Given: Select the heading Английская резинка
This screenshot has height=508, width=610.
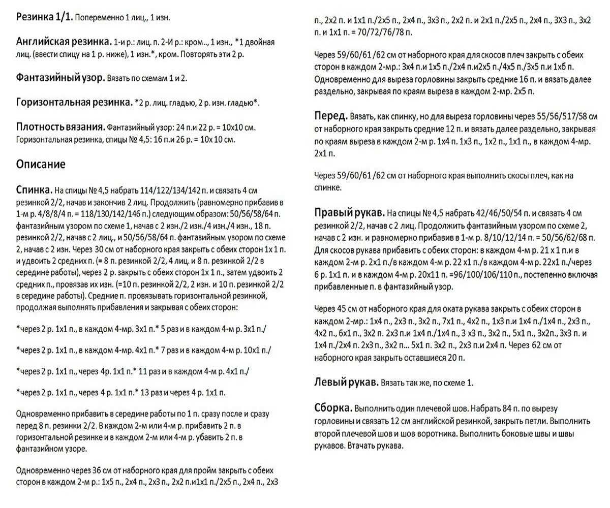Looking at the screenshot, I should pyautogui.click(x=64, y=42).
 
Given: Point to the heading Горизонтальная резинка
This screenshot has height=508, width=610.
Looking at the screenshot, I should pyautogui.click(x=74, y=102).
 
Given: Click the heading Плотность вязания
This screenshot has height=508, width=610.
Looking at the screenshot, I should pyautogui.click(x=60, y=126).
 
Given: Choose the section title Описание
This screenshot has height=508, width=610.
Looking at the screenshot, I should pyautogui.click(x=41, y=164).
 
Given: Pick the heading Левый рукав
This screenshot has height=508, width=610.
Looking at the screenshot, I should pyautogui.click(x=346, y=382).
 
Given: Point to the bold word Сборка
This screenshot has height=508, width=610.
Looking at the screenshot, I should pyautogui.click(x=333, y=408).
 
